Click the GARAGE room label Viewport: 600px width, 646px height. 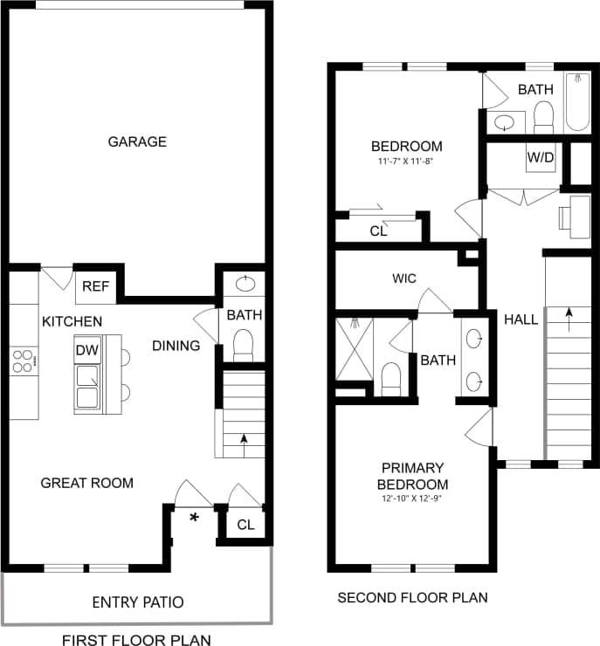tap(137, 141)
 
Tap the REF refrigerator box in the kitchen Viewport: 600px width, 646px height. tap(95, 285)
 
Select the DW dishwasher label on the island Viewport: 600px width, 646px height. tap(86, 349)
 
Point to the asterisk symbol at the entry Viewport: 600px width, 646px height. tap(194, 519)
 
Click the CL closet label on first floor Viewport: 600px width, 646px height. tap(245, 526)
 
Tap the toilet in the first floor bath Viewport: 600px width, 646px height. tap(244, 344)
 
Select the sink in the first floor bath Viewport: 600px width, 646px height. tap(245, 283)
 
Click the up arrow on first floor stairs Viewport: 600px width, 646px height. tap(244, 440)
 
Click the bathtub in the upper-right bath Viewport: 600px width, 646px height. tap(577, 105)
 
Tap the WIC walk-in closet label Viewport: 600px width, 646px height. tap(403, 278)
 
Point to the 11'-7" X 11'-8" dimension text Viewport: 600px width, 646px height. tap(406, 161)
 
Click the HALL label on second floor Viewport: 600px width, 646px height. tap(521, 320)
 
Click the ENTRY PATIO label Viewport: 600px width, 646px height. tap(138, 602)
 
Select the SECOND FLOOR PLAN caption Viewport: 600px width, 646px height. tap(412, 598)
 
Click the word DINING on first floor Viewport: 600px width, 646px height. tap(176, 346)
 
